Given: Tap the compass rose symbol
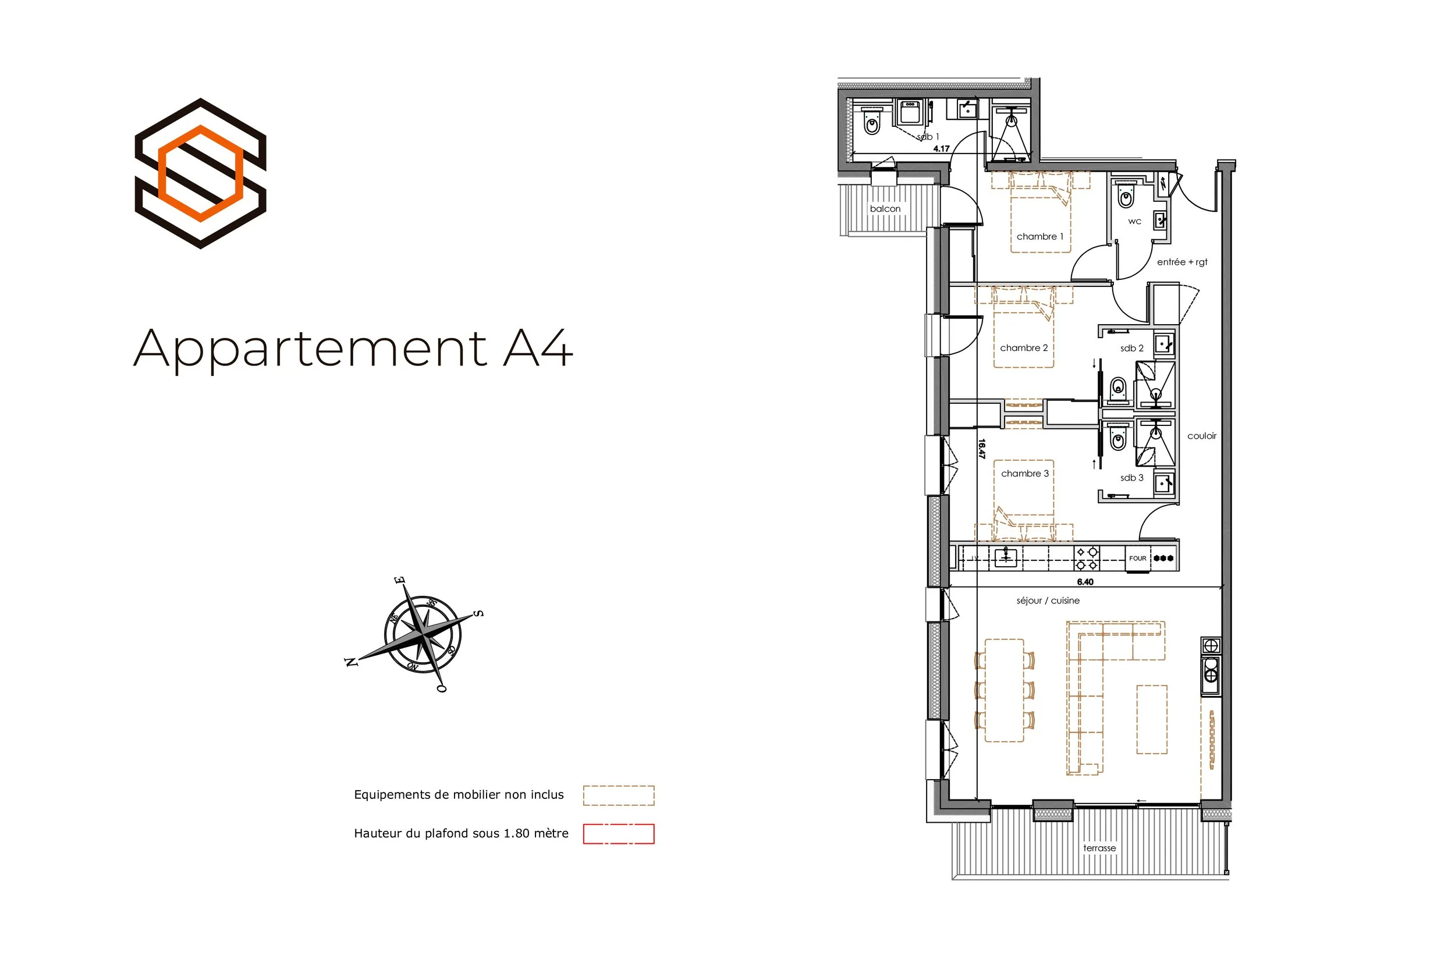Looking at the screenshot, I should coord(422,635).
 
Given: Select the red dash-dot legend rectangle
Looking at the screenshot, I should coord(618,834).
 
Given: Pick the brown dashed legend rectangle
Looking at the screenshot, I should coord(618,795).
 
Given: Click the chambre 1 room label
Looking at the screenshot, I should coord(1040,236).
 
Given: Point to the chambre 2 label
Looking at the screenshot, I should coord(1024,347).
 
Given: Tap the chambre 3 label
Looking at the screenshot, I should coord(1025,473).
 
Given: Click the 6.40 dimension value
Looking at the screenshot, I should coord(1085,581).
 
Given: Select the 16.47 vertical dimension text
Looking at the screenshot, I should coord(982,449).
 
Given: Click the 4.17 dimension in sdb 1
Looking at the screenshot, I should coord(942,148).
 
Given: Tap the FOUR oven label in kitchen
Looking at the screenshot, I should coord(1138,558).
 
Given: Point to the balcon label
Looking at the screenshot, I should coord(885,209).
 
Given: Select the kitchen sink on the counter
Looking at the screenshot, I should coord(1006,557).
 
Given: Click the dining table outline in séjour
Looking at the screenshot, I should coord(1004,690).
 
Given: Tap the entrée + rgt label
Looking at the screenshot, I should coord(1182,262).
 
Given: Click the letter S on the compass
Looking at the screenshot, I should coord(478,614).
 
